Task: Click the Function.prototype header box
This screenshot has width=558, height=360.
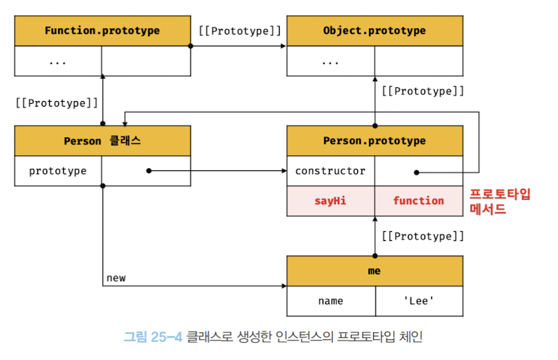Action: (x=102, y=30)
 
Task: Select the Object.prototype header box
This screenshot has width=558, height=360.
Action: (x=375, y=30)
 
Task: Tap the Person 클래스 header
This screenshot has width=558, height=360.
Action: (x=102, y=141)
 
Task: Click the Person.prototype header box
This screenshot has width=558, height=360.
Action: (x=375, y=141)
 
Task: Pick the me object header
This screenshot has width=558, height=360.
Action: (x=375, y=271)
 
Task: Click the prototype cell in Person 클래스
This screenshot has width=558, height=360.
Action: (x=58, y=171)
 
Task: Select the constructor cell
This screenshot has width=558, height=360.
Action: (x=330, y=171)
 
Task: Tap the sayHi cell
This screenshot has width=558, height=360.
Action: (x=330, y=201)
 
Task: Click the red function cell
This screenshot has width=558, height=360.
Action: (x=418, y=201)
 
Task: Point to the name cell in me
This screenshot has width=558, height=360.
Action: (x=330, y=301)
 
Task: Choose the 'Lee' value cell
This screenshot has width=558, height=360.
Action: (x=418, y=301)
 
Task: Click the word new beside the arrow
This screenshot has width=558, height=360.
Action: (x=116, y=278)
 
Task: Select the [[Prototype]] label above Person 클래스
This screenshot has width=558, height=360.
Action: (x=57, y=102)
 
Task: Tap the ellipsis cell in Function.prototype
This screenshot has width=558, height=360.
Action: (x=58, y=61)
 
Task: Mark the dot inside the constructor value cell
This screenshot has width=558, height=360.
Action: (x=417, y=172)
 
